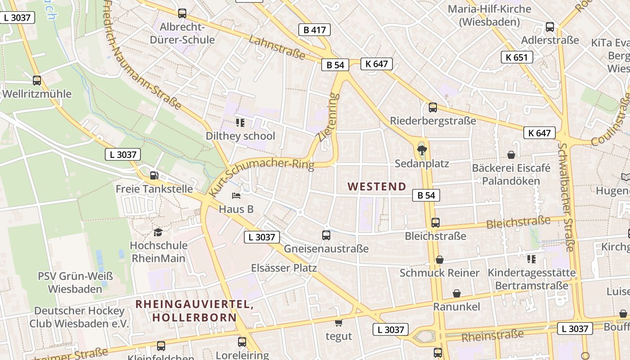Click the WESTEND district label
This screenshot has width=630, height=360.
pos(377,186)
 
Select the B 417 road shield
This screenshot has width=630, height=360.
pos(314,30)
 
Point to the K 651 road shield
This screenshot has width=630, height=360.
pos(517,57)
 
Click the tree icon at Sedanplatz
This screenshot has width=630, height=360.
pos(422,150)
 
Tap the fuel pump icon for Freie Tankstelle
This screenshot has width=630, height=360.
pos(154,175)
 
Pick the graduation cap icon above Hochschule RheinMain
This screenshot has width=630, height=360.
pos(158,232)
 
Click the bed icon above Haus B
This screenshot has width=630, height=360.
pos(236,196)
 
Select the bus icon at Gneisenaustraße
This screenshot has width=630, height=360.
pos(326,235)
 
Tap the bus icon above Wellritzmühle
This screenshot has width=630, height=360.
pos(37,81)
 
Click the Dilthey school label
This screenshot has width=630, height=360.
pos(240,136)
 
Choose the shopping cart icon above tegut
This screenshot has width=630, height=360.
pos(338,323)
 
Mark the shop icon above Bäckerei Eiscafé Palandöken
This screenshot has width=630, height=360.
pos(511,155)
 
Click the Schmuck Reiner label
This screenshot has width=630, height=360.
pos(440,273)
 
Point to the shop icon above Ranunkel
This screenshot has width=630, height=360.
pos(457,293)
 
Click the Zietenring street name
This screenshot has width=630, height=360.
pos(327,117)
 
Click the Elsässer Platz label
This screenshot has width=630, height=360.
pos(284,268)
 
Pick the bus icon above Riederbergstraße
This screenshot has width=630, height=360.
pos(432,108)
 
